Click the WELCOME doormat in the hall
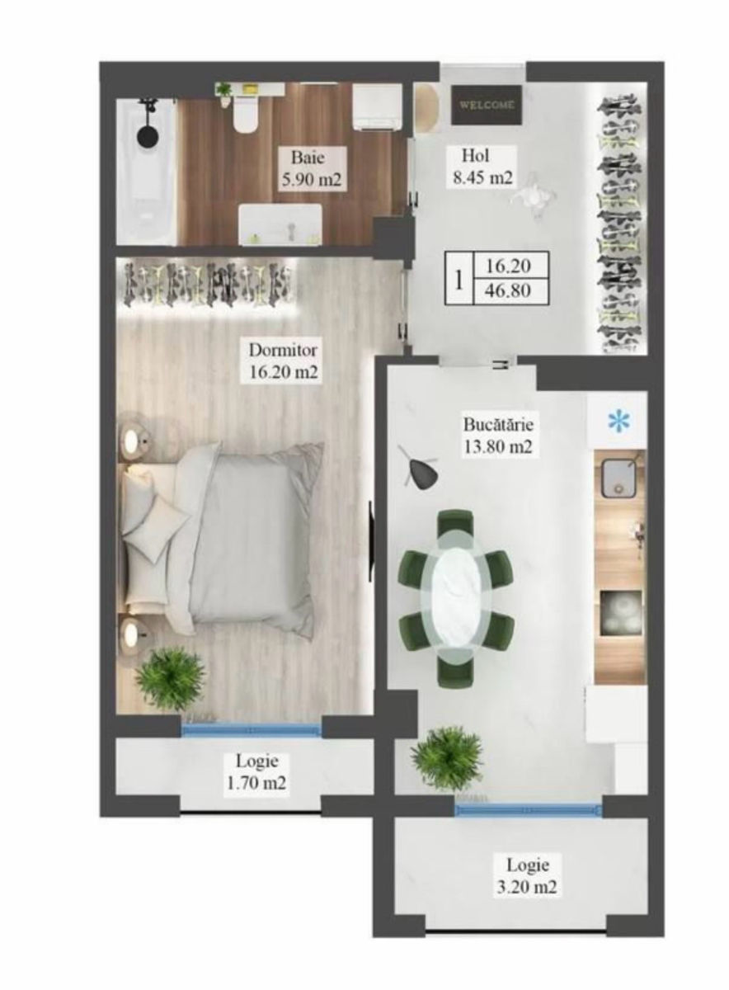pos(487,106)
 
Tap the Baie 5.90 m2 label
pos(312,169)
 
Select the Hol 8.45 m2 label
pos(481,167)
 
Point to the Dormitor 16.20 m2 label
pos(283,361)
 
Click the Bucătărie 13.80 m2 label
pos(498,436)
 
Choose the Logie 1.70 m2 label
pos(256,734)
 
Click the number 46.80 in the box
pos(508,290)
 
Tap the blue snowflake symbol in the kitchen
pos(619,421)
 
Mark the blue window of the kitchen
pos(529,810)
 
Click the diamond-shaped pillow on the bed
pos(156,528)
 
